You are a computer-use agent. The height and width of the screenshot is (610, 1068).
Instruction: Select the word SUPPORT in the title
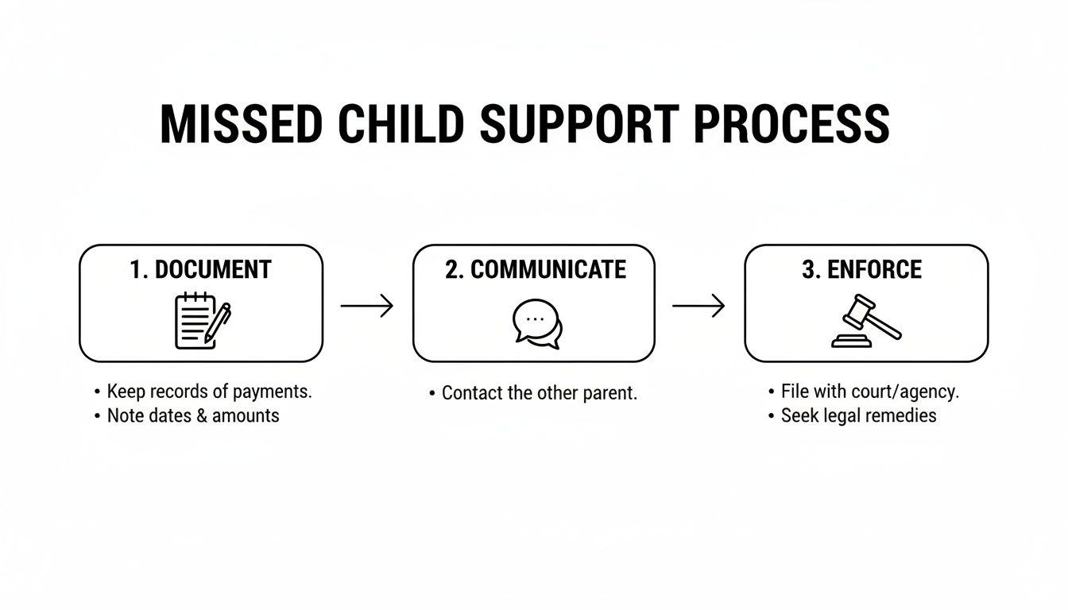click(579, 125)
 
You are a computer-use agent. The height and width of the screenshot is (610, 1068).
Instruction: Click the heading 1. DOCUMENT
click(200, 270)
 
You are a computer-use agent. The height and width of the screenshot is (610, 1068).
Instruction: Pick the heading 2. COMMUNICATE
click(535, 270)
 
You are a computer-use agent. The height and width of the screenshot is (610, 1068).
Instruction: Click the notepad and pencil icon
click(202, 320)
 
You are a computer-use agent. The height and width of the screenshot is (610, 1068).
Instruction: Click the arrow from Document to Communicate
click(367, 306)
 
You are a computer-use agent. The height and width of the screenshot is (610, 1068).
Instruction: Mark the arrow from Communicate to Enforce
click(698, 306)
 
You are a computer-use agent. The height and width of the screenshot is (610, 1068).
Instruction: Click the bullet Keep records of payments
click(209, 392)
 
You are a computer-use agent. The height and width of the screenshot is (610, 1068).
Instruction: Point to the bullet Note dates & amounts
click(192, 415)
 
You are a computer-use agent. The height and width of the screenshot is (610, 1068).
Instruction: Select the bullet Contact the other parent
click(539, 393)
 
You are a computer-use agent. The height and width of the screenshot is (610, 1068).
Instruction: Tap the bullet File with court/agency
click(869, 392)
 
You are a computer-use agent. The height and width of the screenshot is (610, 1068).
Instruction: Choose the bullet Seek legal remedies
click(858, 415)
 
